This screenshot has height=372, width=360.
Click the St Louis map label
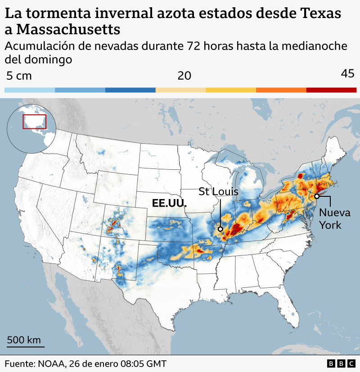point(218,192)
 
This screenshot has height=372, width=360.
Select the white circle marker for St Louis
point(220,229)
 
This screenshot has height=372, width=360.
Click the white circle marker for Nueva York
point(317,196)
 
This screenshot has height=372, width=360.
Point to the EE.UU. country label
point(169,204)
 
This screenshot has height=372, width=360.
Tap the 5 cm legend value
point(19,76)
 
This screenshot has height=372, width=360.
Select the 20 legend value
point(184,76)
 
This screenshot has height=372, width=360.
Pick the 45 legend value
point(348,74)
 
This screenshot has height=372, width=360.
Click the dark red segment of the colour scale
point(331,90)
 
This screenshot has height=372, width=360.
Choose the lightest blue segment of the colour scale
point(30,90)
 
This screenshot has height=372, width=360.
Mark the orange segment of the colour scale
point(281,90)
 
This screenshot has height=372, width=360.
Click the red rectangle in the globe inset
point(34,122)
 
